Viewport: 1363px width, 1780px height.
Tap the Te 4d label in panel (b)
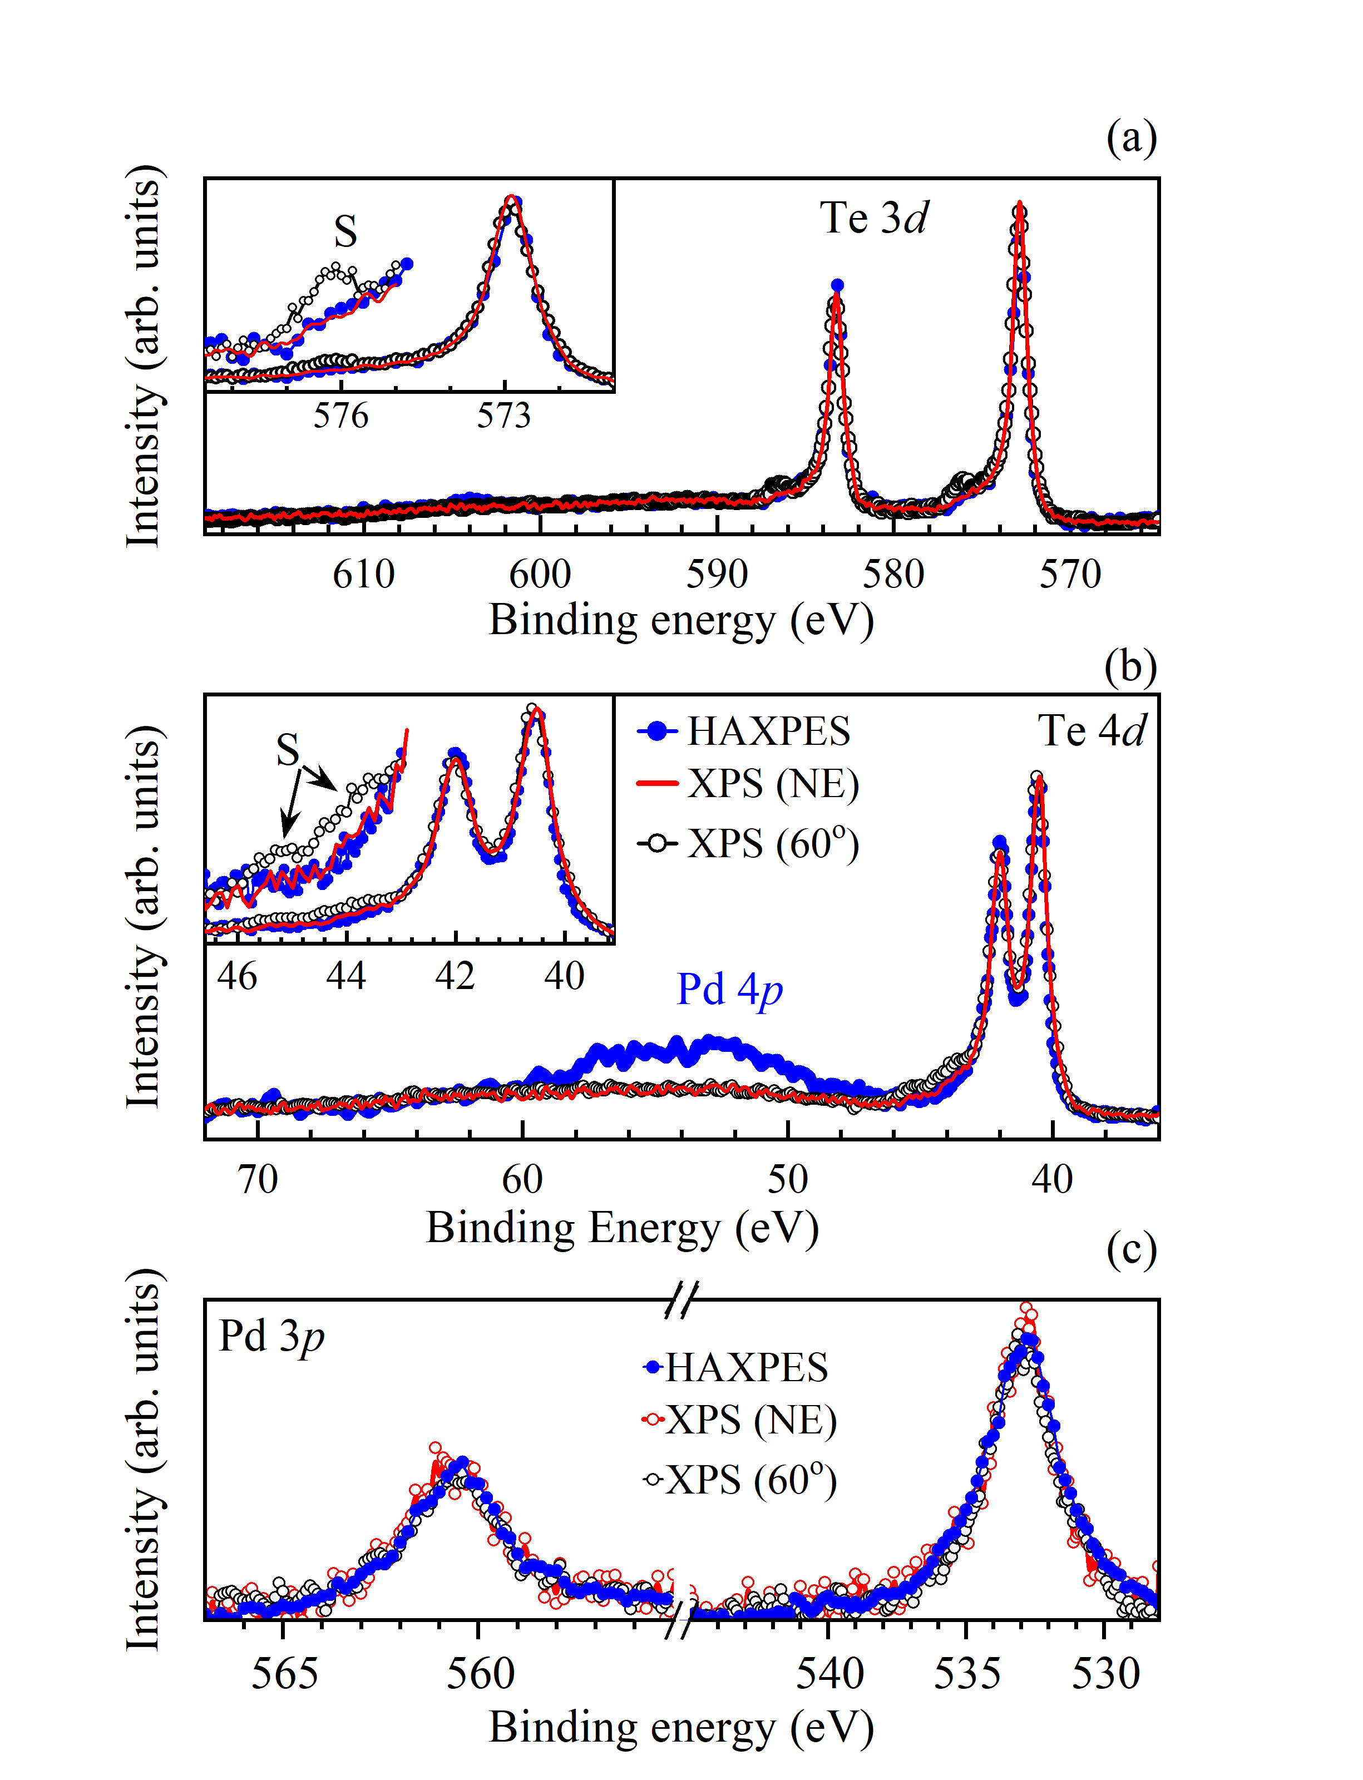(1091, 731)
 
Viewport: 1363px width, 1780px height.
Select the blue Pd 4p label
(729, 990)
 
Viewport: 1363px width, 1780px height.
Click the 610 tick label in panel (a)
(363, 575)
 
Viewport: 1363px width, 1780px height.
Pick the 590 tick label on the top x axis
(717, 575)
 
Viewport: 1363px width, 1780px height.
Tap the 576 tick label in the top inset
(340, 416)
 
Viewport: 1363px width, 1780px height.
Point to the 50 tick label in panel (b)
(787, 1180)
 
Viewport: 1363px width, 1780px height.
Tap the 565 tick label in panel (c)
(283, 1674)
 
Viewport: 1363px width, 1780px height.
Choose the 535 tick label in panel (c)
(966, 1674)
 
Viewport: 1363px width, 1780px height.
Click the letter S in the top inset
(345, 232)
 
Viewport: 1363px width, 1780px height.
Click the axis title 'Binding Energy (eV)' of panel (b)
(623, 1228)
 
